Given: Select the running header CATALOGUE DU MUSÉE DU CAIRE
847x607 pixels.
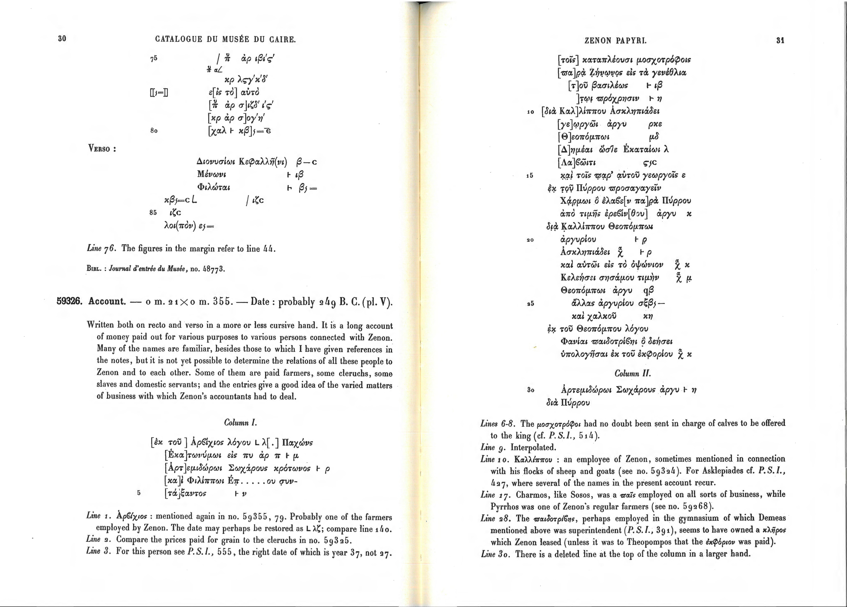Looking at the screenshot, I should (x=225, y=39).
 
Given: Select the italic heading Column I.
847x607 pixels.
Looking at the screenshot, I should (x=241, y=423).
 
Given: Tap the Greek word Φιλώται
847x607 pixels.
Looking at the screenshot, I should (x=213, y=187).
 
